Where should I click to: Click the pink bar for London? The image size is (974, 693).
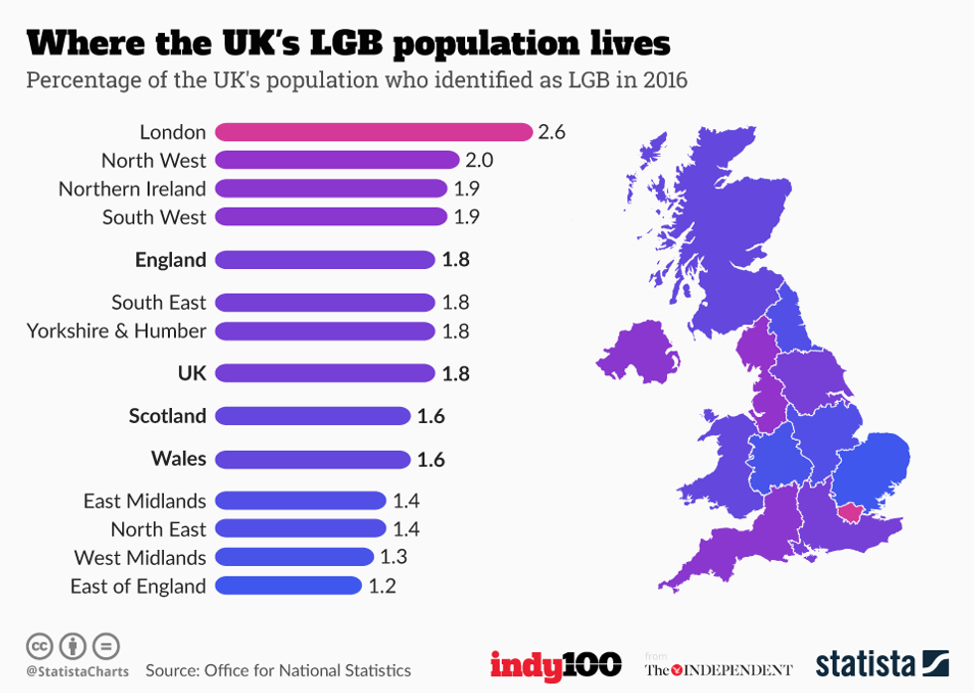374,132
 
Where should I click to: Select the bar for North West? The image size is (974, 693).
337,160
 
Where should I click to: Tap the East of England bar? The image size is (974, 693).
288,586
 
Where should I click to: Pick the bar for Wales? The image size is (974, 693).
312,459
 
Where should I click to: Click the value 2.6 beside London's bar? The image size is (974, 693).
552,132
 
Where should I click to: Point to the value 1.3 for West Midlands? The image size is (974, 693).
394,557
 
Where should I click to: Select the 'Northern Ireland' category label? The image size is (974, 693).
132,189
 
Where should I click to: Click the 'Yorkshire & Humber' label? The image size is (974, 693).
116,331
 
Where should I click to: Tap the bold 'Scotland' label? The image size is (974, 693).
167,416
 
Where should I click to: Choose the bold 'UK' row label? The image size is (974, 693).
192,373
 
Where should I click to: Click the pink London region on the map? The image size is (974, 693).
851,511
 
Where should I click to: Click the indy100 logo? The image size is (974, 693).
556,664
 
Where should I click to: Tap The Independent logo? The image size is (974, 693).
719,669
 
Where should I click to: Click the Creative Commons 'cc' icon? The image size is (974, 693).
41,646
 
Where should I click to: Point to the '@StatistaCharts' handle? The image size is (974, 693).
76,672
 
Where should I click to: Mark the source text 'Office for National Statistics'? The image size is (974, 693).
307,671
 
